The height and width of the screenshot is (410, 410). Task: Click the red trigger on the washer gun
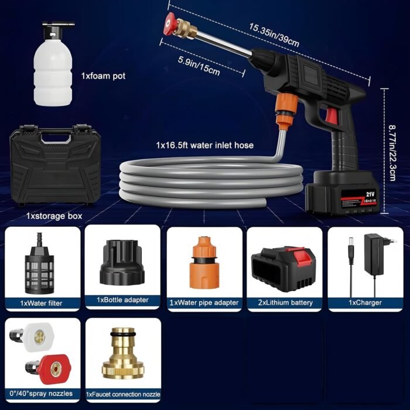click(332, 115)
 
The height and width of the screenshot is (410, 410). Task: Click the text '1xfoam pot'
click(102, 76)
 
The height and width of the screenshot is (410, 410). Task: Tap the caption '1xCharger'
click(365, 303)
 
